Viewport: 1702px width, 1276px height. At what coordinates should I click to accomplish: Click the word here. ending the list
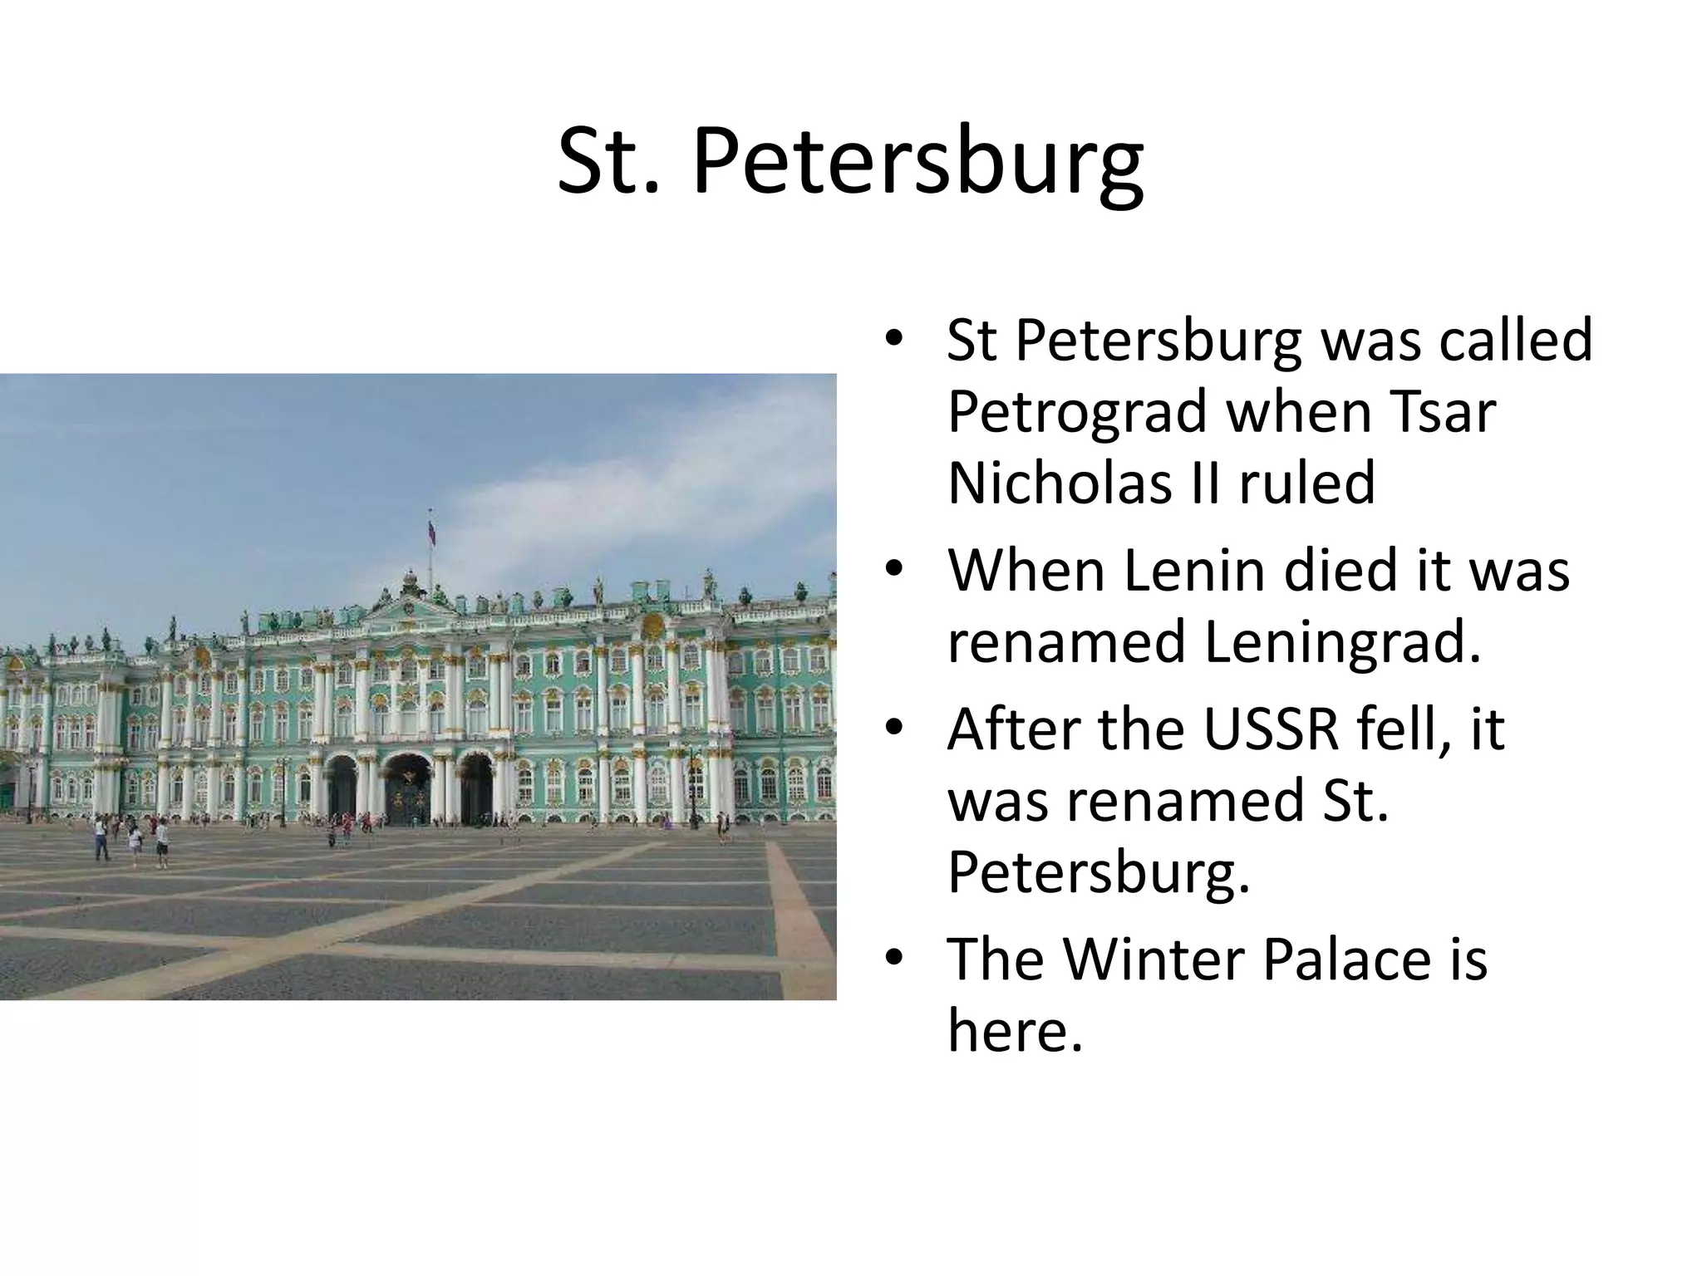coord(1016,1031)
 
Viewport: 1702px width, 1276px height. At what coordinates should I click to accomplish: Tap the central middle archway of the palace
coord(408,789)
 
